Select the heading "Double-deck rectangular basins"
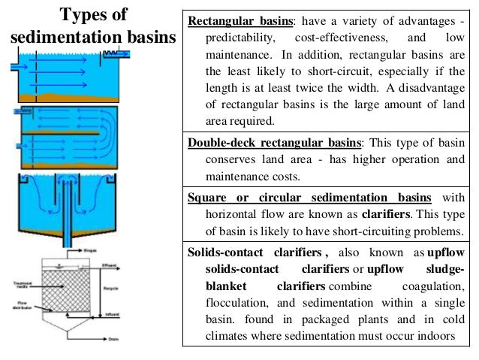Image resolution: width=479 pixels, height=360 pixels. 275,143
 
